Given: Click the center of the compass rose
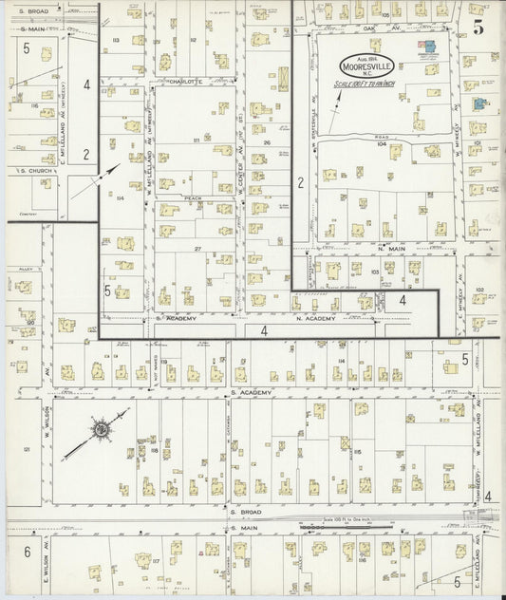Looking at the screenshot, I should pos(99,429).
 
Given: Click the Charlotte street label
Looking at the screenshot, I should pos(187,82).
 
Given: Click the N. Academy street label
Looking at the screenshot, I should pos(320,318).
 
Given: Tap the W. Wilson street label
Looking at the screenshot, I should pos(44,420).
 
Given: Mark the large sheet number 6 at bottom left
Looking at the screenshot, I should pos(27,552).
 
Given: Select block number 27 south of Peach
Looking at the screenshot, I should pos(199,248).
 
